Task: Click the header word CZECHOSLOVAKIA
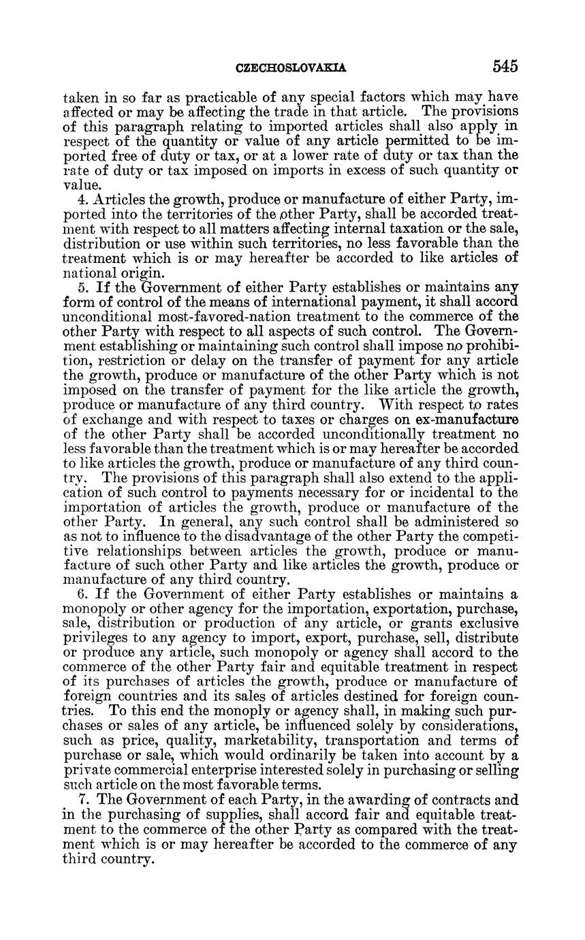coord(291,68)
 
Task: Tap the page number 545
coord(506,67)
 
